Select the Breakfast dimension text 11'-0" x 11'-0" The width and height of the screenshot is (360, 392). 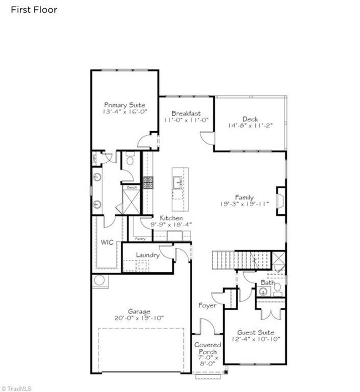(x=186, y=120)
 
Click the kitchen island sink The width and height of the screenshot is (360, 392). (x=178, y=181)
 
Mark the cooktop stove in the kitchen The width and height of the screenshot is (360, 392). (x=148, y=183)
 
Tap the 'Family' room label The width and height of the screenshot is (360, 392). (x=244, y=197)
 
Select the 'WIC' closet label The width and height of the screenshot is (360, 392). (x=106, y=243)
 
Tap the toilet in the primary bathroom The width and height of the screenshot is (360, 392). (x=130, y=160)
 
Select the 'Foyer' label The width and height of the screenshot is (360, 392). (x=207, y=305)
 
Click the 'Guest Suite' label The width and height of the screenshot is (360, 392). (x=255, y=332)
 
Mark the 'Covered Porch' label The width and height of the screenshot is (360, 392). (x=208, y=348)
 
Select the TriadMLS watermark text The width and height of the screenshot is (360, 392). (x=17, y=388)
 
